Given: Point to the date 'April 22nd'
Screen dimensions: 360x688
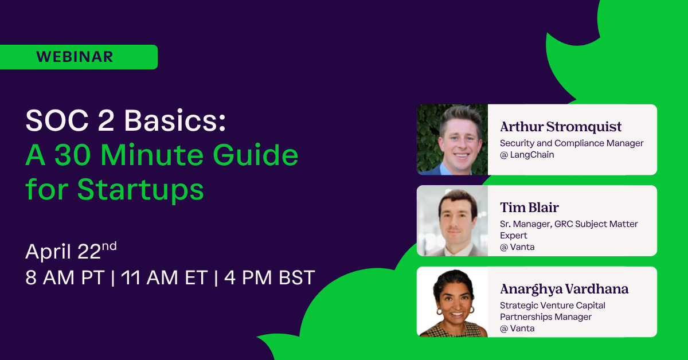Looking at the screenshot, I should click(71, 251).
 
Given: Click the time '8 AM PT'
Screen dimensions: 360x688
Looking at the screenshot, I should click(65, 277).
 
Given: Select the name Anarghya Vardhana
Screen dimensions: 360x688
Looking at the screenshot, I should click(564, 288).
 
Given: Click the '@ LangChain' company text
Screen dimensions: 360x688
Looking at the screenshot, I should click(527, 155).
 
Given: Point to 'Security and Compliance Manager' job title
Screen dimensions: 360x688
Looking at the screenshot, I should click(572, 143).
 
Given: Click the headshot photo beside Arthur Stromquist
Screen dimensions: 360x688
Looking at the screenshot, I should click(452, 139).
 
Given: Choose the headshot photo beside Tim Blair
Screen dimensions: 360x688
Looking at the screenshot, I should click(452, 221).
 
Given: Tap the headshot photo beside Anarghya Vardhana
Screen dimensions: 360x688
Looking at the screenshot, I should click(452, 302).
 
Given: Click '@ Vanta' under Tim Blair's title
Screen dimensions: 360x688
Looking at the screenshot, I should click(517, 247).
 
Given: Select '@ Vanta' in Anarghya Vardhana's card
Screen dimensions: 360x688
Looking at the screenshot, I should click(517, 328).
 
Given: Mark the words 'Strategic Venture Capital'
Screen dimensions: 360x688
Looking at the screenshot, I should click(553, 306).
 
